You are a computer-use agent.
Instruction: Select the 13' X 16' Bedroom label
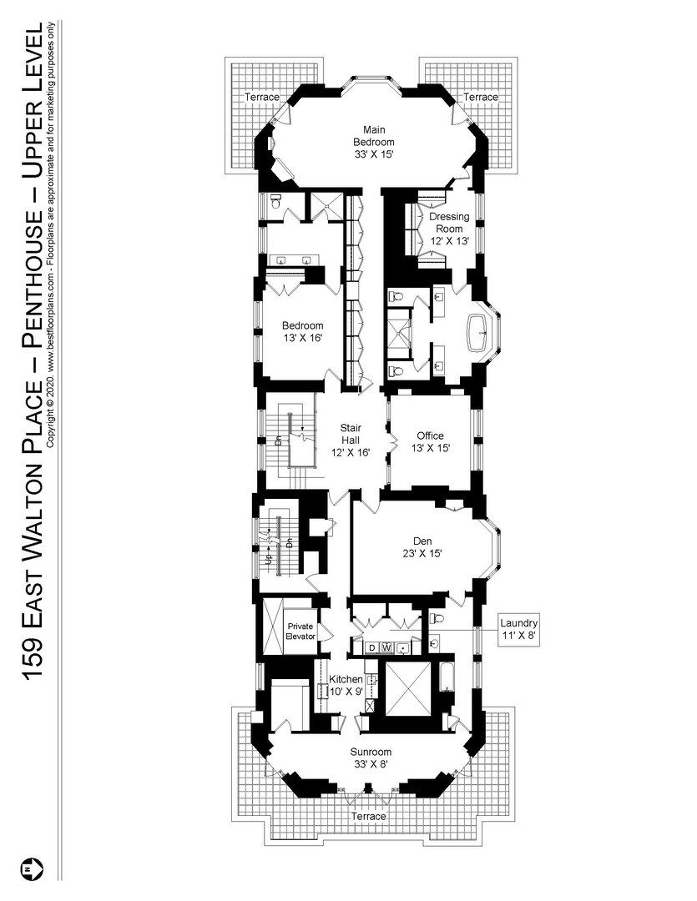point(301,331)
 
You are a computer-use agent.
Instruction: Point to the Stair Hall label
point(350,439)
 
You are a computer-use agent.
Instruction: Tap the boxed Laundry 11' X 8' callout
point(518,629)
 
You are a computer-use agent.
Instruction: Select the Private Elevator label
point(301,631)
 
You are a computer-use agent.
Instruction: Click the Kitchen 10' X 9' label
point(346,685)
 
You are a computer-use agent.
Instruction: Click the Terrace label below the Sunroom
point(369,816)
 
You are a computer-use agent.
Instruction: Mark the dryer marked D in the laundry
point(372,647)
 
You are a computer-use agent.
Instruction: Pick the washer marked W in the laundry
point(386,647)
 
